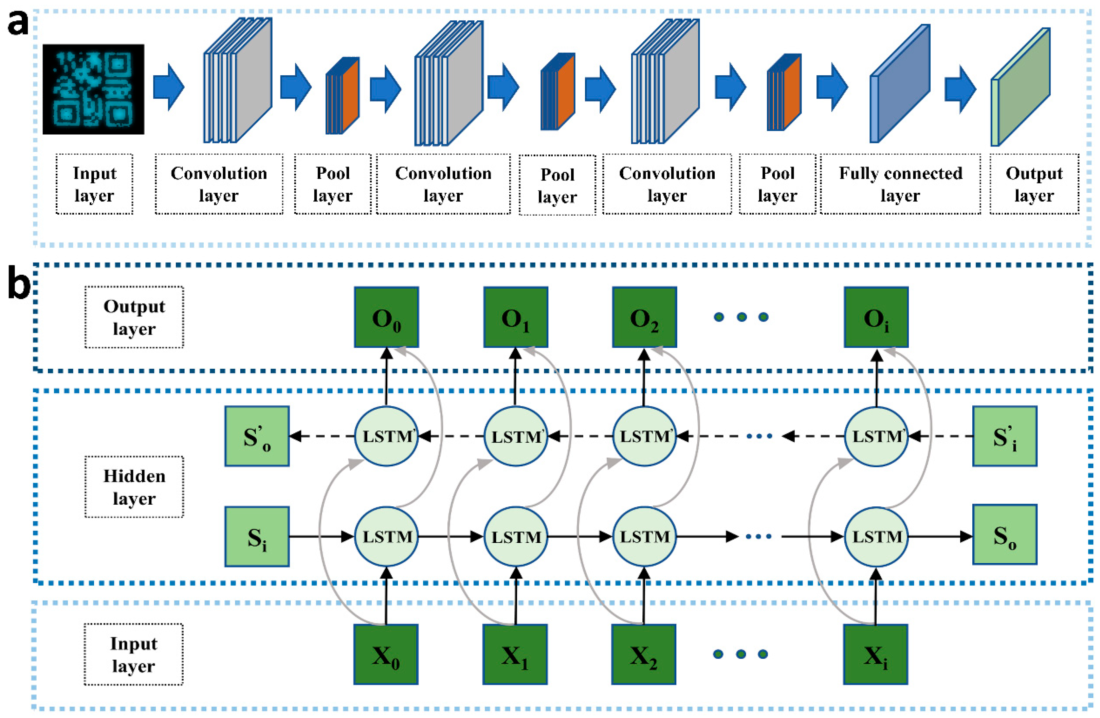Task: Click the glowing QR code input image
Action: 93,89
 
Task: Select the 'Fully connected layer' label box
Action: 900,184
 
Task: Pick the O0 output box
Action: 386,317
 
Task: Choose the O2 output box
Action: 644,317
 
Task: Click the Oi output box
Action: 876,317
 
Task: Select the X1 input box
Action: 515,654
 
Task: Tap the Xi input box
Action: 875,654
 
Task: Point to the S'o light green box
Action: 257,436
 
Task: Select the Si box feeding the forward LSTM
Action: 257,536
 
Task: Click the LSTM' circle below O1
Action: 515,436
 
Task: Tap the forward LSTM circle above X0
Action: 386,536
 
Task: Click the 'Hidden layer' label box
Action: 134,487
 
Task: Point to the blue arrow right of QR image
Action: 169,87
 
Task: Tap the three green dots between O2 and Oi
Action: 741,317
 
